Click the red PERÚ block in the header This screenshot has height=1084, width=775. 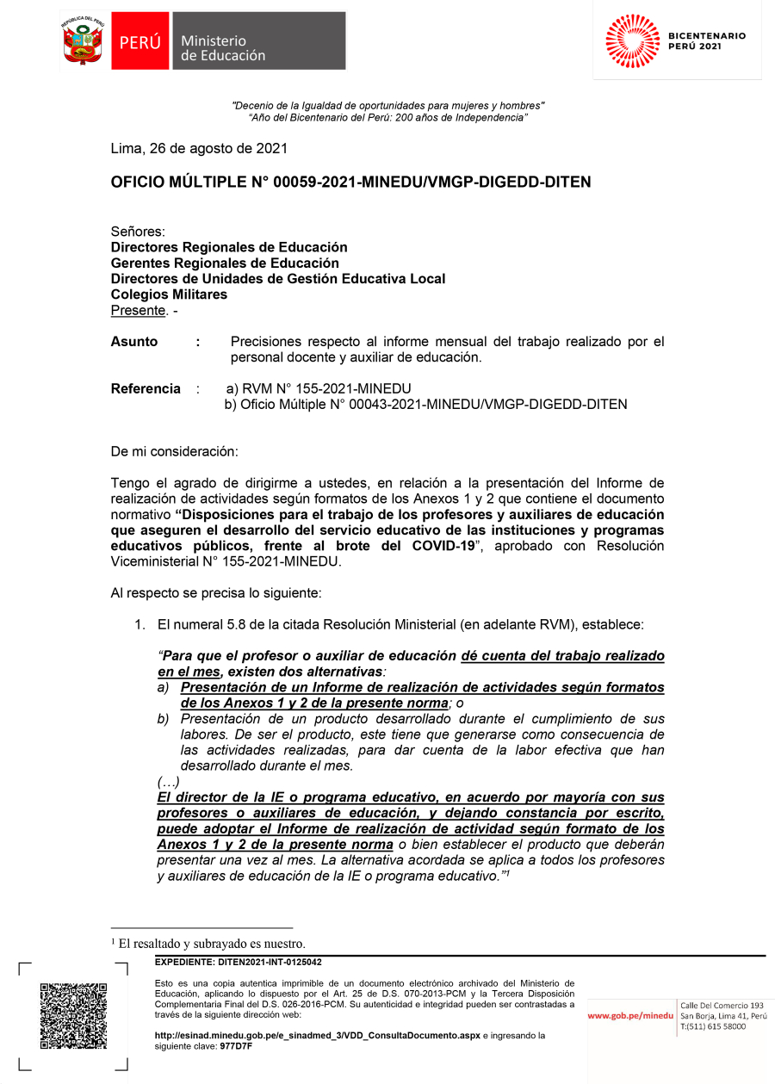pos(139,41)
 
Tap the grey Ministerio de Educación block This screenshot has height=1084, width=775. pos(258,41)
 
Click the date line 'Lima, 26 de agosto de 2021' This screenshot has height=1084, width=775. pos(199,148)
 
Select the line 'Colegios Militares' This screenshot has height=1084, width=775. pos(169,294)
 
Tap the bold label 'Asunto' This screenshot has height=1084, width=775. pos(134,342)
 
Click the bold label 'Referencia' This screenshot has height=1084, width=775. pos(146,388)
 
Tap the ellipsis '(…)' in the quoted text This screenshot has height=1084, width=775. pos(168,782)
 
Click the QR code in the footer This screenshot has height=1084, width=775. pos(73,1016)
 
